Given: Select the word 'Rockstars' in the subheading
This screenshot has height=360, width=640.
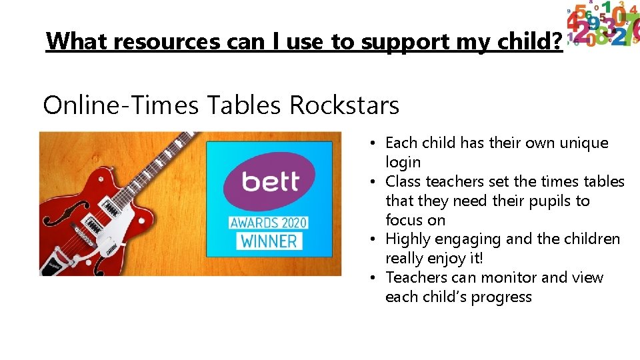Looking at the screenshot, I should [x=344, y=105].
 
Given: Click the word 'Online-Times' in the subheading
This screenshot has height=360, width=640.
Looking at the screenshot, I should [x=120, y=105].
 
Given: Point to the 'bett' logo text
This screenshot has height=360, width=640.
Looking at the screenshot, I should [x=270, y=181].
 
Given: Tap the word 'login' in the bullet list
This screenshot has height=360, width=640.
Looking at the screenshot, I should [x=403, y=162].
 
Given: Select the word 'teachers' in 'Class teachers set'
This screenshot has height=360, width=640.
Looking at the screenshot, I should [x=453, y=181].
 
